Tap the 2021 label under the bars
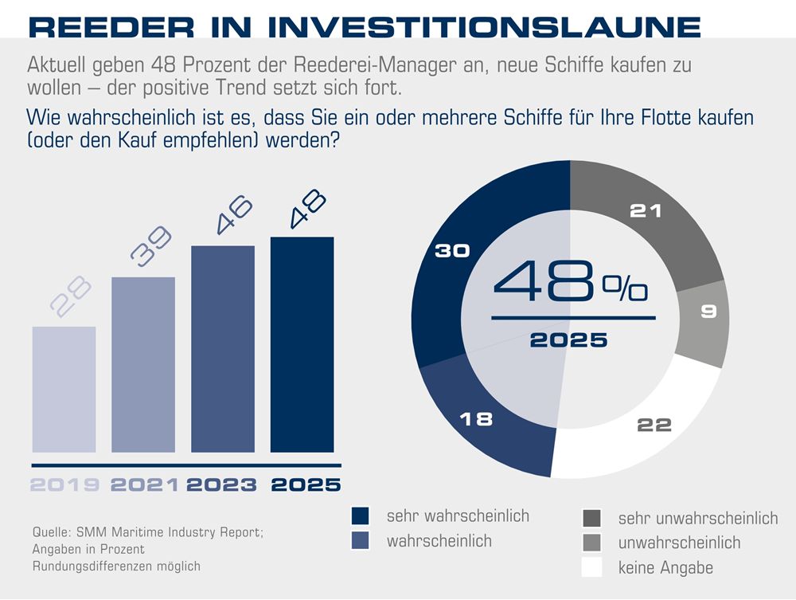click(143, 484)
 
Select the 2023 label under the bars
click(224, 484)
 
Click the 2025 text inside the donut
click(568, 339)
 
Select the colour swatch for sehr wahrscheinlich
click(360, 516)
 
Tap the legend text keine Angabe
click(665, 568)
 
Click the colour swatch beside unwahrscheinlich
click(592, 543)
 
